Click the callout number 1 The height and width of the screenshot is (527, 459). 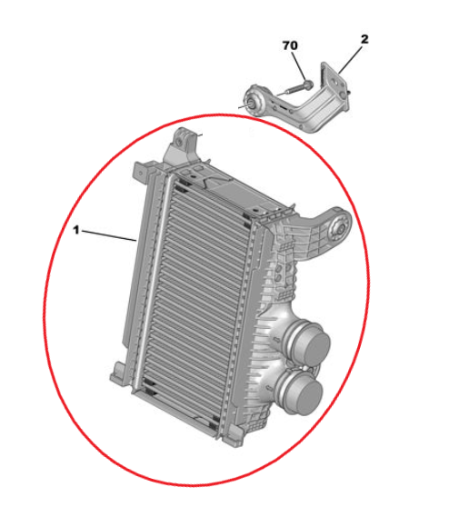click(76, 230)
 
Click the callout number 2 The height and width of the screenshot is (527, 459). click(364, 39)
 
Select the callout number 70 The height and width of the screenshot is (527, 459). click(290, 45)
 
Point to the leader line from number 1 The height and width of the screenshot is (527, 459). click(108, 235)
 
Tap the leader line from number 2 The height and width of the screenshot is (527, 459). click(351, 60)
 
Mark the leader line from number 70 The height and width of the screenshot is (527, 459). click(299, 65)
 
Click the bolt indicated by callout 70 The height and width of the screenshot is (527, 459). click(297, 87)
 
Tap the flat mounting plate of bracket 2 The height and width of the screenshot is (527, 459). click(334, 84)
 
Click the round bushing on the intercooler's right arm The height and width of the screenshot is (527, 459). click(339, 229)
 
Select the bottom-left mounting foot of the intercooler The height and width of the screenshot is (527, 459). click(119, 373)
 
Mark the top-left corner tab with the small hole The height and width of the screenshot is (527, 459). click(141, 173)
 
